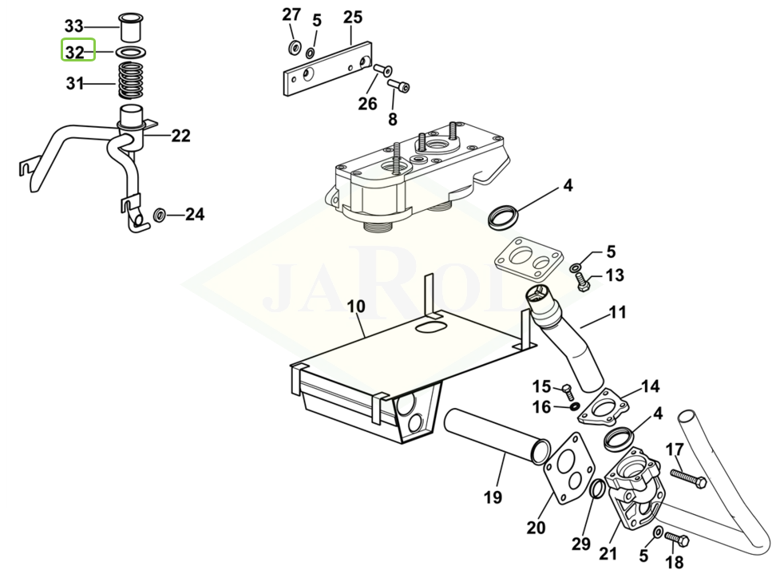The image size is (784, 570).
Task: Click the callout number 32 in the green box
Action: pos(74,53)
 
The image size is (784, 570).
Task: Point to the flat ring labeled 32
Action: pos(131,52)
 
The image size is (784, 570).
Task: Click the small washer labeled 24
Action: pos(160,215)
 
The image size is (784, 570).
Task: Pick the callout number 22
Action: pos(180,136)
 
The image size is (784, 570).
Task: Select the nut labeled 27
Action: pos(294,48)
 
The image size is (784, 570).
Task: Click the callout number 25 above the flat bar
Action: pos(352,17)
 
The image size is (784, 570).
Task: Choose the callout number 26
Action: pos(367,104)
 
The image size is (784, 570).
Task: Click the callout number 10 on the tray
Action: pos(355,306)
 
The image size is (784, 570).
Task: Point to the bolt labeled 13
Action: pos(582,283)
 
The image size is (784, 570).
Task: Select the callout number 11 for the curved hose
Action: pos(617,312)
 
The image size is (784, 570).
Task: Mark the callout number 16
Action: pos(541,407)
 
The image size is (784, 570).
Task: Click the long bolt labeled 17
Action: pos(688,477)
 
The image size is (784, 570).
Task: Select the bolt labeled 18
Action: pos(676,540)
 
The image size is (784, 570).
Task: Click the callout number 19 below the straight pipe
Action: pos(493,497)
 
